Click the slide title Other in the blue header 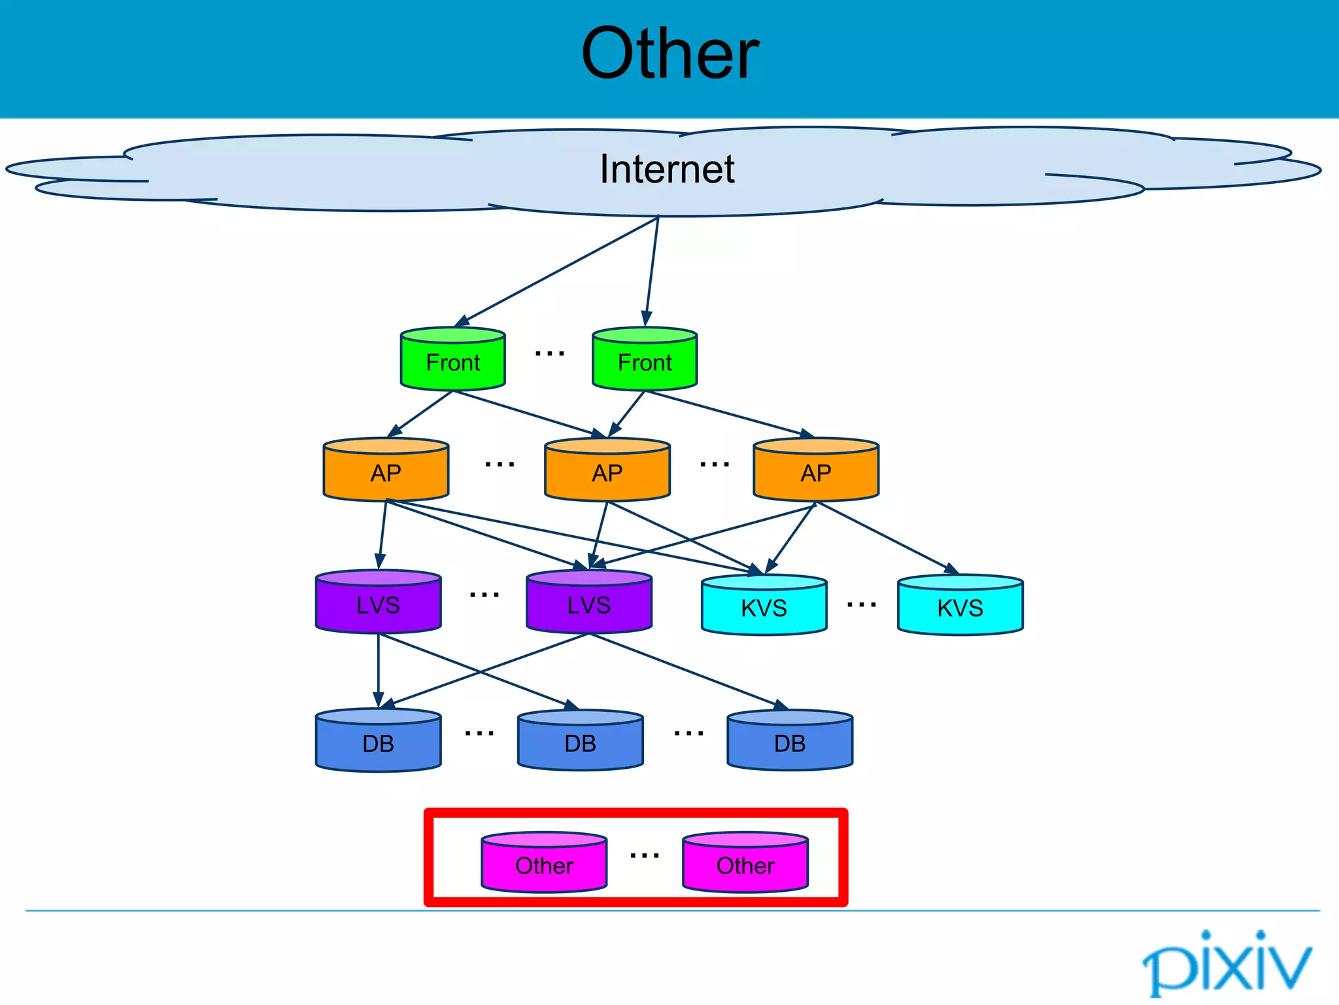point(669,54)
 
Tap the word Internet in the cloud point(667,169)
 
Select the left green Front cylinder point(452,360)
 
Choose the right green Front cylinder point(645,360)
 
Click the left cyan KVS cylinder point(764,607)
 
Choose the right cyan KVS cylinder point(960,607)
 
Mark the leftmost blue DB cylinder point(378,742)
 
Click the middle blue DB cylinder point(580,742)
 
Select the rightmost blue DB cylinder point(790,742)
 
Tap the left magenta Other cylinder point(544,864)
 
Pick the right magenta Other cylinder point(745,864)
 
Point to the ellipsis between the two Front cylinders point(549,354)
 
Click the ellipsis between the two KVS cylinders point(861,605)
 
